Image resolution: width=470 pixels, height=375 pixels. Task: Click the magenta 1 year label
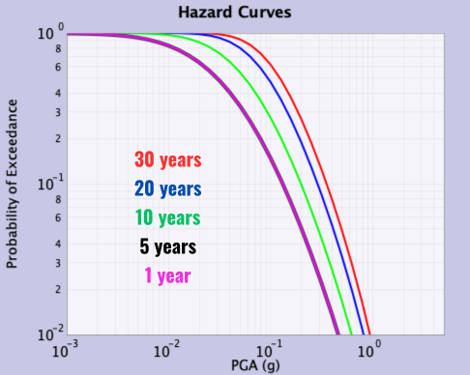[167, 274]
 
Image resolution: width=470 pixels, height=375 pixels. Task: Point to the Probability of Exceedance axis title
[15, 185]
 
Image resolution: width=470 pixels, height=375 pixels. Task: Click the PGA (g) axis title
[255, 364]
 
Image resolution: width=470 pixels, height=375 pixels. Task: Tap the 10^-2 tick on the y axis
[51, 334]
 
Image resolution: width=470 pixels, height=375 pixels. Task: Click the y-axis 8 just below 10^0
[57, 49]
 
